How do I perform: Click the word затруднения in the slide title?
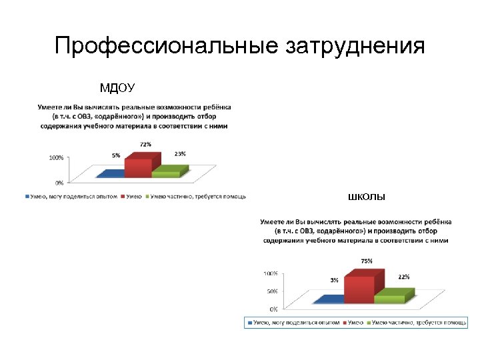coord(355,46)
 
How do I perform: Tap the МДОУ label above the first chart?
coord(117,88)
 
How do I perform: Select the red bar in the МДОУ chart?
coord(139,167)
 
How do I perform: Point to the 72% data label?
coord(145,144)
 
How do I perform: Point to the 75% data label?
coord(367,261)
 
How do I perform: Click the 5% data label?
coord(116,155)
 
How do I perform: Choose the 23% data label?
coord(180,153)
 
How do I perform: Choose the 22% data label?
coord(404,276)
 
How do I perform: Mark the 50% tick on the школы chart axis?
coord(272,291)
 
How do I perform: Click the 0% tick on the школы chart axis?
coord(274,309)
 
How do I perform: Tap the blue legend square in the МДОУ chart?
coord(27,196)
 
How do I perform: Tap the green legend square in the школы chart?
coord(368,323)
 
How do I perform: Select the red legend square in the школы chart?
coord(345,323)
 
